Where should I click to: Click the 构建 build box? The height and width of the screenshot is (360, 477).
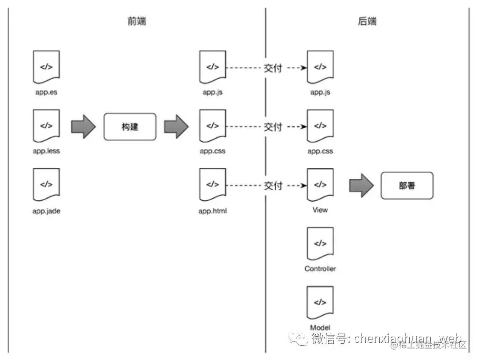pos(130,126)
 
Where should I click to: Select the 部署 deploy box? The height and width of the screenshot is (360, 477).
pos(407,185)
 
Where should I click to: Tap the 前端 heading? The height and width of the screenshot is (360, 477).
pos(137,21)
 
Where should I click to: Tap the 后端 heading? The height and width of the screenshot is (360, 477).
pos(367,21)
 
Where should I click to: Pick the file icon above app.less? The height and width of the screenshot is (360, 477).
pos(46,126)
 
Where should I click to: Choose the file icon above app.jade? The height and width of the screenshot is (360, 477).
pos(46,185)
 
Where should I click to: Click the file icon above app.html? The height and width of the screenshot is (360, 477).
pos(212,185)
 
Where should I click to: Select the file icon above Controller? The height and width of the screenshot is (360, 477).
pos(320,243)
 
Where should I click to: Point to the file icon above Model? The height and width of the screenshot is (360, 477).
pos(320,302)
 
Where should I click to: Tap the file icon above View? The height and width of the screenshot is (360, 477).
pos(320,185)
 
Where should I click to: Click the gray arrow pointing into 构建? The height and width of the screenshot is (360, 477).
pos(83,126)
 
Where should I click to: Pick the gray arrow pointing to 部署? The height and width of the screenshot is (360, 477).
pos(361,185)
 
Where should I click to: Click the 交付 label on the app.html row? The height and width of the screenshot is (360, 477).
pos(273,185)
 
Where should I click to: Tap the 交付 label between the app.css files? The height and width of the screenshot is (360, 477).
pos(273,127)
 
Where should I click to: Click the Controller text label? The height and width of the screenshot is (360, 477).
pos(320,269)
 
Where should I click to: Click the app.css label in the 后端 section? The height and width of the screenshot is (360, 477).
pos(320,151)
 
